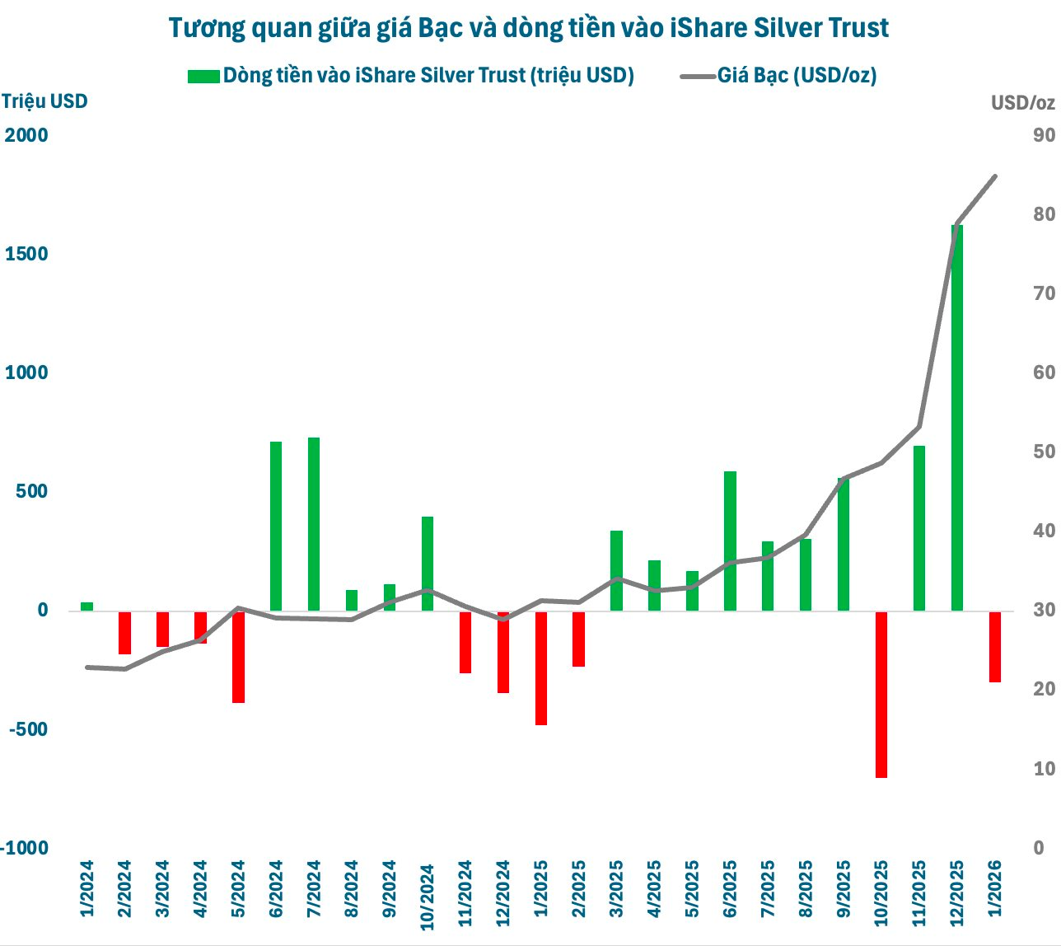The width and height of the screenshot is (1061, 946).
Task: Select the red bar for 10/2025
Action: [881, 694]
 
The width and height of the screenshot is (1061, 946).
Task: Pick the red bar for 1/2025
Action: [541, 667]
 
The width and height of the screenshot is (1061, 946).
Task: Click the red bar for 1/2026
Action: [994, 646]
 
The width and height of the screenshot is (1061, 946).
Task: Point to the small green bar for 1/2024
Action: [86, 606]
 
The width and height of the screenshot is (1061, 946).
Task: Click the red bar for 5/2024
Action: [238, 657]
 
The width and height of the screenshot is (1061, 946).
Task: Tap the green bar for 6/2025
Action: [730, 541]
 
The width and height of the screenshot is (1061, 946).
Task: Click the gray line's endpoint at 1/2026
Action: [995, 176]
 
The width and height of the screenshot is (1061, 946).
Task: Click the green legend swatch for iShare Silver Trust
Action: [203, 76]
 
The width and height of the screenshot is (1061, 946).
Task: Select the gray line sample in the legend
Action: [697, 76]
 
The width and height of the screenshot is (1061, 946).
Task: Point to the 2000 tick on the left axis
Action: [27, 135]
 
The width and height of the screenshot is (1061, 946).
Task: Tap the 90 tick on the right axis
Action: [1044, 135]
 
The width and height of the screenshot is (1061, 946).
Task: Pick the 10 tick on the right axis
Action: [1044, 769]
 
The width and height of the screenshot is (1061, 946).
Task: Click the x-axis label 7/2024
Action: [314, 889]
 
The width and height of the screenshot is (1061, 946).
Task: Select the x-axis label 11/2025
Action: [919, 889]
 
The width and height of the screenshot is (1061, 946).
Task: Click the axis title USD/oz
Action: [1022, 103]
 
